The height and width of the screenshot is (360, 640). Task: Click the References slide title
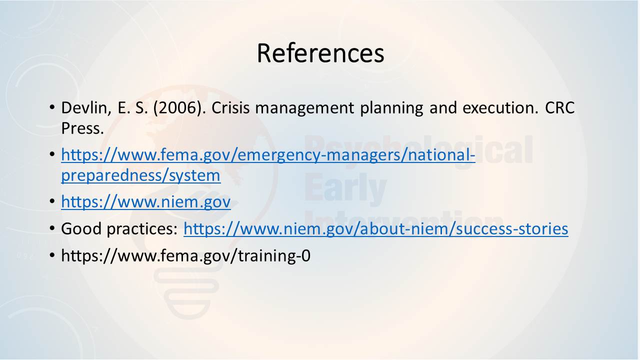point(320,53)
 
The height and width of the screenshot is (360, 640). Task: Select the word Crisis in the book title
point(230,107)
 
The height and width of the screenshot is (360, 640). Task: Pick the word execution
point(500,108)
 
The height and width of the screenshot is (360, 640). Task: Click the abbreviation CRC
point(559,107)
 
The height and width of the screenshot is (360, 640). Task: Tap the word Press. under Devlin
point(82,128)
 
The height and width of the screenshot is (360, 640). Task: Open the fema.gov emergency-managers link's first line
point(268,155)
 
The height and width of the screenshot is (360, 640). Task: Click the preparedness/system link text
point(141,175)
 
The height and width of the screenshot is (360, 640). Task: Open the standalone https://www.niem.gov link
point(146,201)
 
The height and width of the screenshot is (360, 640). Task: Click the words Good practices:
point(119,229)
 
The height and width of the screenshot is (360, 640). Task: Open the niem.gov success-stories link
point(375,229)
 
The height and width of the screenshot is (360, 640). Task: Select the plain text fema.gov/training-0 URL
point(185,255)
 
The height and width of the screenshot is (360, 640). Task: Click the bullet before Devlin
point(52,107)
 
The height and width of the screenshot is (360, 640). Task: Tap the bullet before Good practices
point(52,228)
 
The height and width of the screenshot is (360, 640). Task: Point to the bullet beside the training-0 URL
point(52,255)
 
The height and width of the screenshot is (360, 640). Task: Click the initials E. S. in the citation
point(133,107)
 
